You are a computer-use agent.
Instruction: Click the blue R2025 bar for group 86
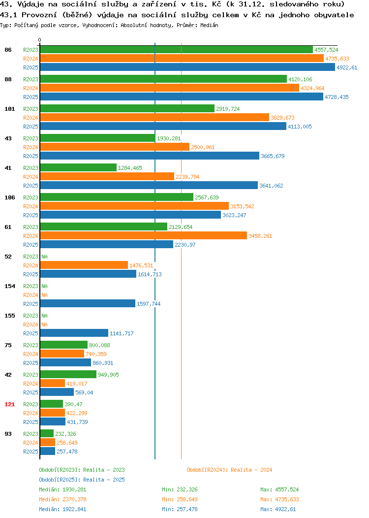(187, 67)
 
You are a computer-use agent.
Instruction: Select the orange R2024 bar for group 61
(144, 235)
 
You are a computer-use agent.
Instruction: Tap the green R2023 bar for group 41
(78, 167)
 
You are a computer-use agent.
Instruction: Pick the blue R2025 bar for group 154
(88, 303)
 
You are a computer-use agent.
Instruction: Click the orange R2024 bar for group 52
(84, 265)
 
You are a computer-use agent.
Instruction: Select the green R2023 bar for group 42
(68, 374)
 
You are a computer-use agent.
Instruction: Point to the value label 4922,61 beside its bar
(347, 67)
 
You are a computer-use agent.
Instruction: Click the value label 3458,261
(260, 236)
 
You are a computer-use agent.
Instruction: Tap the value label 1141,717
(122, 333)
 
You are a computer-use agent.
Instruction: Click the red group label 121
(9, 404)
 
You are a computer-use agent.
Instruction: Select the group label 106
(9, 197)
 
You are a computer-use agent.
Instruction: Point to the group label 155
(9, 316)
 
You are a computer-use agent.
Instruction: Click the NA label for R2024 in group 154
(45, 295)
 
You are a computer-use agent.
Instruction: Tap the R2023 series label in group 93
(31, 434)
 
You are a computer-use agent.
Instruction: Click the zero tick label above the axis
(40, 40)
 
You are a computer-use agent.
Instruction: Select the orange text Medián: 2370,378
(62, 499)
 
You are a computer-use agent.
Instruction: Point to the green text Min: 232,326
(180, 489)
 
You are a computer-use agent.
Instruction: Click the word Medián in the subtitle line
(209, 25)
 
